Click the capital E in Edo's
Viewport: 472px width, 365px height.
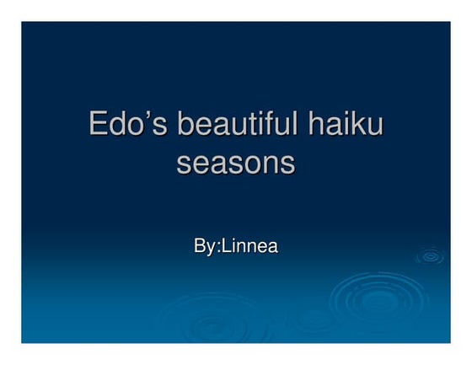[99, 126]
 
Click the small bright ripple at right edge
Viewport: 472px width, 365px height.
[431, 255]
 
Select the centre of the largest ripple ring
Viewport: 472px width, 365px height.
[367, 298]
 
